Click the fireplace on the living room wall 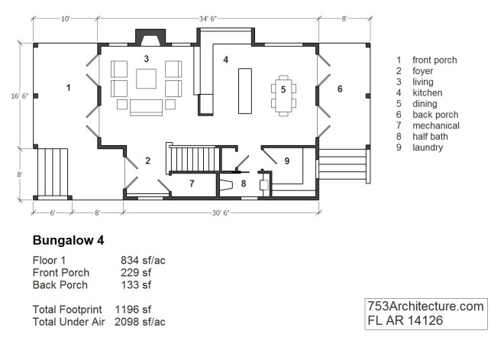point(147,38)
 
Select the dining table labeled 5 point(283,94)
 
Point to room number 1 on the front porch point(68,89)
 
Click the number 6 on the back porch point(341,89)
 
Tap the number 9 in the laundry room point(286,161)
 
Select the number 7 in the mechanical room point(192,183)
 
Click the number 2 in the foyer point(147,161)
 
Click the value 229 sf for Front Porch point(136,272)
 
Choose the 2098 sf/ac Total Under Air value point(140,322)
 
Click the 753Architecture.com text point(425,306)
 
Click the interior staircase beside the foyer point(194,160)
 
